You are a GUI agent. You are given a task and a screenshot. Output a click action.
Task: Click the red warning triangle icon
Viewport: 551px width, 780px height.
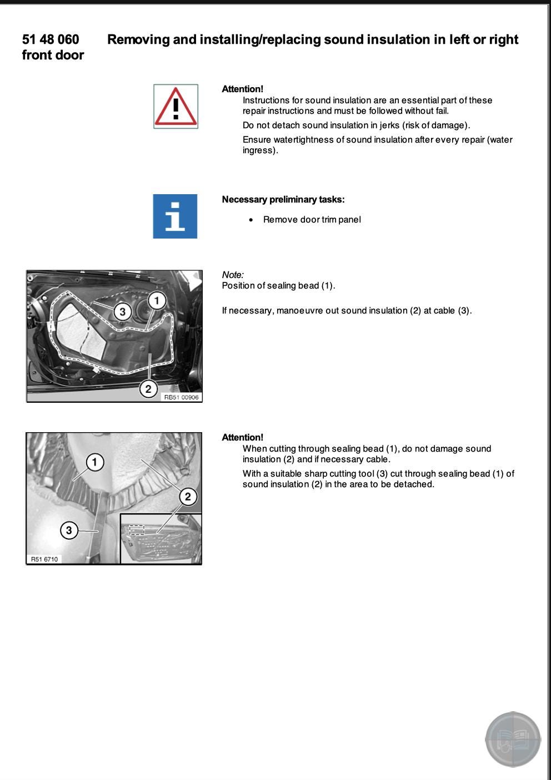point(176,107)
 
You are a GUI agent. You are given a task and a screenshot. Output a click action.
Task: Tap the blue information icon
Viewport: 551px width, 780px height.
point(175,216)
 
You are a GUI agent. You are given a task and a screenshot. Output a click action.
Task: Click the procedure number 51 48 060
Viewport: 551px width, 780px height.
point(51,39)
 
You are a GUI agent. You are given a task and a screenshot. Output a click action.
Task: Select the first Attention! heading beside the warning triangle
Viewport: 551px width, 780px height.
point(242,89)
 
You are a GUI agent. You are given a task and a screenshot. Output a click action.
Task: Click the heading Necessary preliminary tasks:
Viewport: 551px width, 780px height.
point(283,200)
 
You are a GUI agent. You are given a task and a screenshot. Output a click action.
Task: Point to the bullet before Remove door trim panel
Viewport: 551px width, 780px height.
point(252,220)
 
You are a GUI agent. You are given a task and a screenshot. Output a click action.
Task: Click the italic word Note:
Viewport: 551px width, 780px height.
point(233,275)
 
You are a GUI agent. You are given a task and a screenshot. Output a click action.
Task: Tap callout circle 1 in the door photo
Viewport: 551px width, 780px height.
point(157,301)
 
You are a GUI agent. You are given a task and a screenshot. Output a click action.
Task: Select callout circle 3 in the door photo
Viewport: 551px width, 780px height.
point(123,311)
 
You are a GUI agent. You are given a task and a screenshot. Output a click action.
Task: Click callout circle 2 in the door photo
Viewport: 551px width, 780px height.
point(148,389)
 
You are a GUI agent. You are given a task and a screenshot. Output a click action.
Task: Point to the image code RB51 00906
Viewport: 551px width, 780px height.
point(181,397)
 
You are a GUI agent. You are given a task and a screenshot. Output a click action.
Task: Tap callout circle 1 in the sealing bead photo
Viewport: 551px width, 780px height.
point(95,462)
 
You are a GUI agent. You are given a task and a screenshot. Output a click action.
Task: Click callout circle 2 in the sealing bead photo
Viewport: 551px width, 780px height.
point(188,497)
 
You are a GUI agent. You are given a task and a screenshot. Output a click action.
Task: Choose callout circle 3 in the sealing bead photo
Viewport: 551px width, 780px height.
point(69,530)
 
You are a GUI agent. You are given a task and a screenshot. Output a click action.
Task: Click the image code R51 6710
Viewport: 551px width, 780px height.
point(44,559)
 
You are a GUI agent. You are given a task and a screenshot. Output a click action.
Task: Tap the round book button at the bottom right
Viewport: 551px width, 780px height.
point(513,740)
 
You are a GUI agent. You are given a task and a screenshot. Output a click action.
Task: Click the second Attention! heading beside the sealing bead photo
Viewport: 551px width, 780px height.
point(242,437)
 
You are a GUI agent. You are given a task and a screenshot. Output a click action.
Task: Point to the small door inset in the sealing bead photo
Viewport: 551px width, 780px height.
point(161,538)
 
